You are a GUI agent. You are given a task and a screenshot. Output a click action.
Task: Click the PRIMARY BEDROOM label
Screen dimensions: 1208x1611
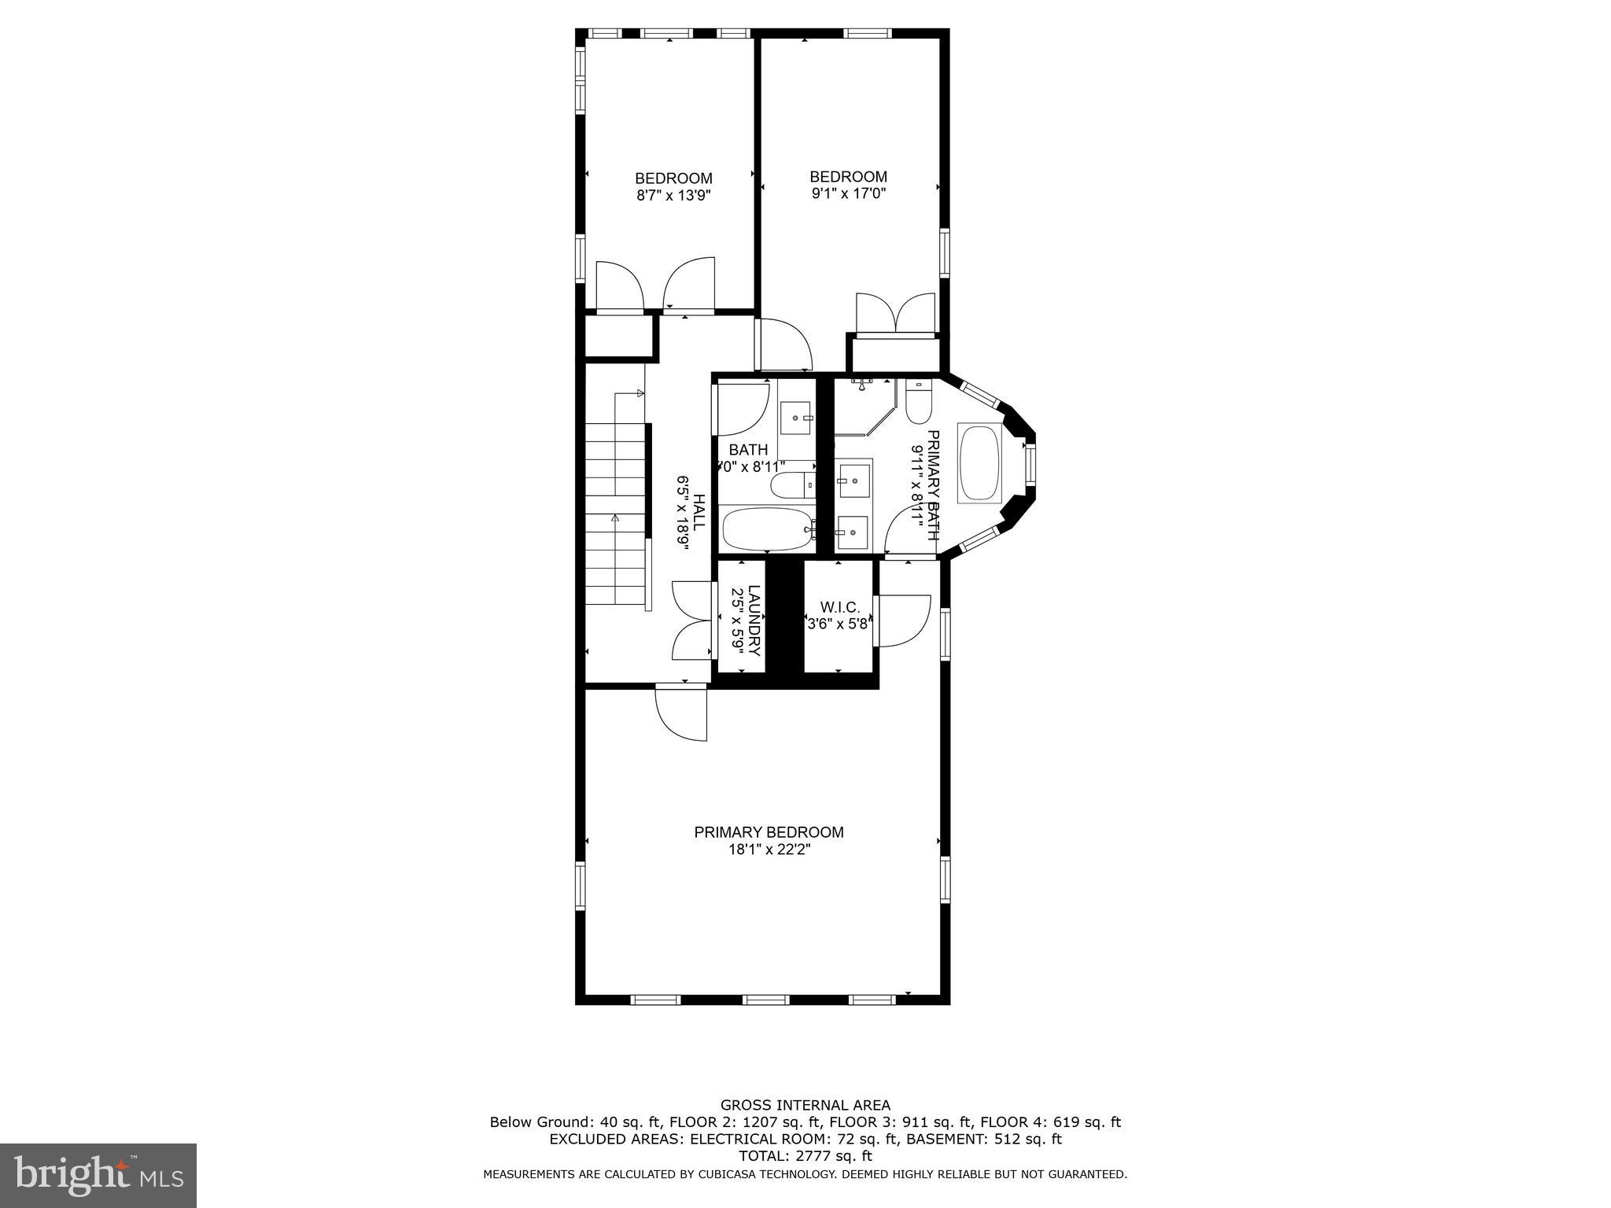coord(769,832)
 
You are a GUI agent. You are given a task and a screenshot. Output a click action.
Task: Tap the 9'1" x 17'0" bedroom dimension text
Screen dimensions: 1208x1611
coord(848,193)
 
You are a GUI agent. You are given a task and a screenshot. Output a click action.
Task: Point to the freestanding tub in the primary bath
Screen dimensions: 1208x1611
coord(979,464)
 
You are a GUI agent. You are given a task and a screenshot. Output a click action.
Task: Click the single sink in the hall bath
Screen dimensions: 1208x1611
coord(795,417)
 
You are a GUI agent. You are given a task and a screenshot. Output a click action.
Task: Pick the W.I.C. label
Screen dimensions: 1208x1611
coord(839,607)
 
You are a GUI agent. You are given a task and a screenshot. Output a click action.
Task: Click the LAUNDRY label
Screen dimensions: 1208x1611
coord(754,621)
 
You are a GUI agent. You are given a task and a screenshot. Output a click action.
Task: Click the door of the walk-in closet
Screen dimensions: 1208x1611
coord(903,621)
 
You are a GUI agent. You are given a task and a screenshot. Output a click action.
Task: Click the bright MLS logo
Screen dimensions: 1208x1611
coord(98,1175)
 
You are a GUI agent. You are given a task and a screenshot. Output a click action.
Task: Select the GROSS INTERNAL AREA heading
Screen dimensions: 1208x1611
coord(805,1105)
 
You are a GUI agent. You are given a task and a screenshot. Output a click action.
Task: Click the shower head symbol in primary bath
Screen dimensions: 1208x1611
coord(863,385)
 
